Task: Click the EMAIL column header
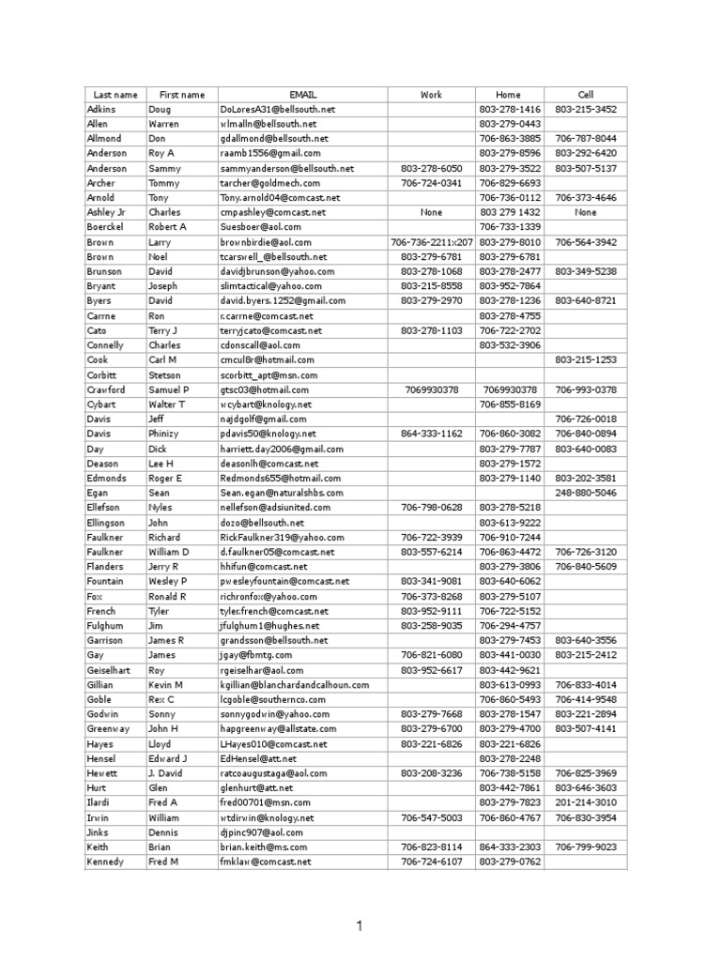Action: click(x=302, y=95)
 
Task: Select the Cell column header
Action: click(x=586, y=95)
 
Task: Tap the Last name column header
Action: click(x=115, y=95)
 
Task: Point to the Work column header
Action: click(x=431, y=95)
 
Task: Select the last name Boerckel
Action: click(x=106, y=227)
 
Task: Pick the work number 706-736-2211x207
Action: click(x=432, y=242)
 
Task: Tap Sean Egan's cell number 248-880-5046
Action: click(x=586, y=493)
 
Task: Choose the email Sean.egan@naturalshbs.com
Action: click(x=282, y=493)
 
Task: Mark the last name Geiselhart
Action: click(x=112, y=670)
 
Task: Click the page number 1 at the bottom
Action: click(x=359, y=927)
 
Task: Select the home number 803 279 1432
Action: click(x=508, y=212)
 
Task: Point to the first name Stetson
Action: click(x=167, y=374)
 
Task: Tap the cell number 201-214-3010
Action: click(x=586, y=802)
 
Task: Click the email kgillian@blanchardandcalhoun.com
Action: click(x=298, y=685)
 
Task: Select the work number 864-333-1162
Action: click(x=432, y=434)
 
